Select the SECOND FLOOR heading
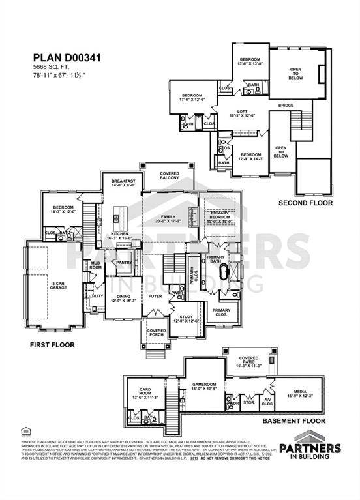(305, 203)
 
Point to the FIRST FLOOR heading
(52, 344)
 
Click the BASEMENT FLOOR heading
(293, 420)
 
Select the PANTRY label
(123, 263)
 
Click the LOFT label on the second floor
(242, 112)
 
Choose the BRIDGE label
(286, 104)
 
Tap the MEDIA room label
(300, 393)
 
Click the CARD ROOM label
(142, 393)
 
